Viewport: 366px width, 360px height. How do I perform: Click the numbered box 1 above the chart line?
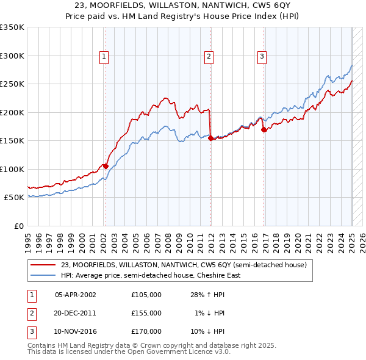[105, 57]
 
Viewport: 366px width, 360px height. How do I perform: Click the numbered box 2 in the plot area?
[209, 57]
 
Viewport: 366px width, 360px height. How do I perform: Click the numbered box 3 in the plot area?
[262, 57]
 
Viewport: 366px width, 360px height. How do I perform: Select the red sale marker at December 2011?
[210, 138]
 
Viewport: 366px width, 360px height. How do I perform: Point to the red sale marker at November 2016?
[264, 129]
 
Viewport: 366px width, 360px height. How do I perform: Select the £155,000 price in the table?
[146, 313]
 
